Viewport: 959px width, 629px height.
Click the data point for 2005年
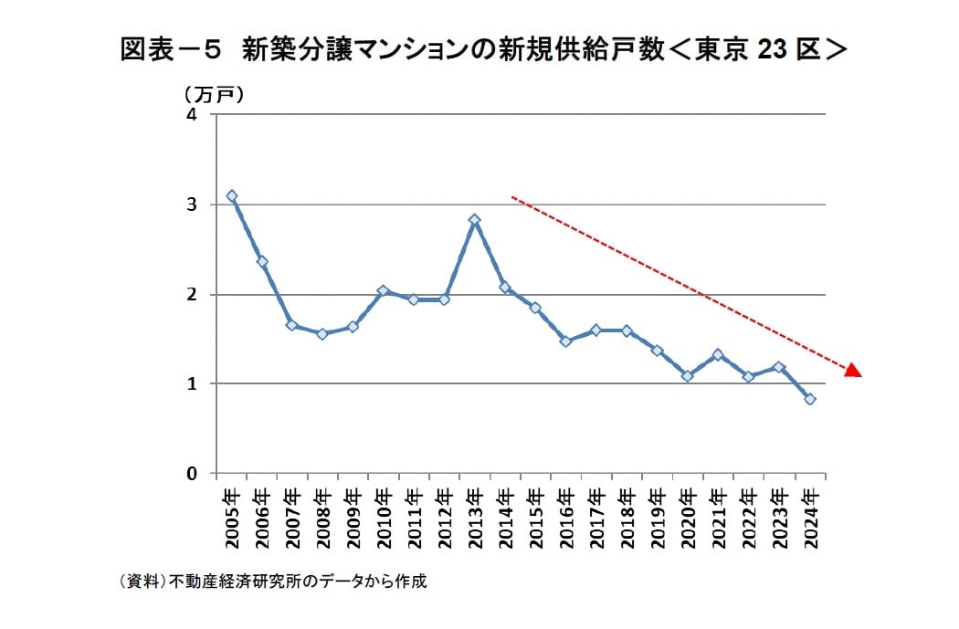(232, 196)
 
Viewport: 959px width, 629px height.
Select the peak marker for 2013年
(475, 220)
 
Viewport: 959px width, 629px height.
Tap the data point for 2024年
(810, 399)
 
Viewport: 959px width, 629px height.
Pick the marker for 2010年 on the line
(384, 291)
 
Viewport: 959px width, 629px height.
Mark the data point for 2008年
(322, 334)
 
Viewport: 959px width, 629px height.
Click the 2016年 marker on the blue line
(566, 341)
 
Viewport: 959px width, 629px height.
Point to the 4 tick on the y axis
(192, 115)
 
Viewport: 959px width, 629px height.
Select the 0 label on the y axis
(192, 474)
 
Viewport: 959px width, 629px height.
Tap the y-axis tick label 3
(192, 204)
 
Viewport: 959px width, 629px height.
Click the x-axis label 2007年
(292, 518)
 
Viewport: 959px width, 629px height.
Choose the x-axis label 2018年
(627, 518)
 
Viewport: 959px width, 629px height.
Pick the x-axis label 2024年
(810, 518)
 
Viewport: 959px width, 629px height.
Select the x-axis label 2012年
(445, 518)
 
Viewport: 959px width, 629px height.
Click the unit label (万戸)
(213, 94)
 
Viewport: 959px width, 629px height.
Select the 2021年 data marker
(719, 355)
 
